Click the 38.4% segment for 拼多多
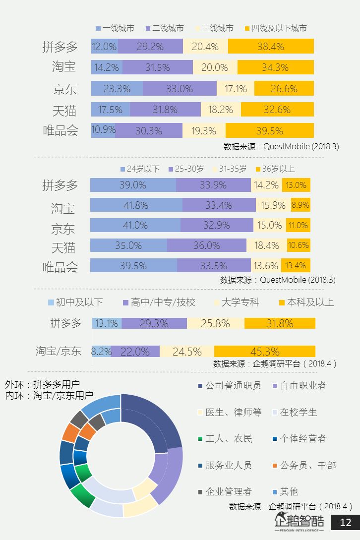point(271,47)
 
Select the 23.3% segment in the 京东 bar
point(117,89)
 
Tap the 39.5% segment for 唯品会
point(270,131)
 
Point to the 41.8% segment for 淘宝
point(136,205)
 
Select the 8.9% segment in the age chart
point(300,205)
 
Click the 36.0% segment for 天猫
point(206,245)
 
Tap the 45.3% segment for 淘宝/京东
point(265,352)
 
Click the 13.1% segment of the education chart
point(107,323)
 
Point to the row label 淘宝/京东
point(59,351)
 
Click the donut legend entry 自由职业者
point(303,385)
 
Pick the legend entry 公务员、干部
point(307,465)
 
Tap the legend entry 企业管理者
point(229,491)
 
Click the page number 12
point(345,522)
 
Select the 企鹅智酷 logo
point(300,522)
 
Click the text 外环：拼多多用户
point(42,384)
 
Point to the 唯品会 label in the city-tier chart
point(60,131)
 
